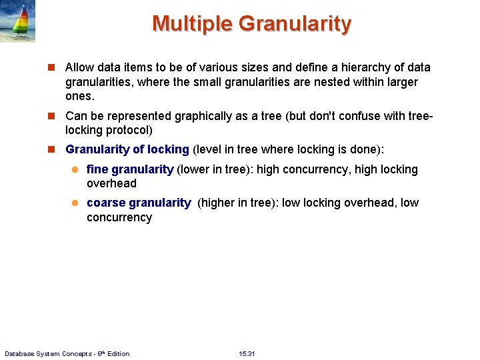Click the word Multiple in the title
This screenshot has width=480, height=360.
[x=192, y=24]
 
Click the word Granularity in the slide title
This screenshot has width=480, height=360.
[x=294, y=24]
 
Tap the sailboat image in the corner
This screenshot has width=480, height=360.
[x=17, y=21]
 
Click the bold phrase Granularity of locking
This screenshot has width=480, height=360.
[x=127, y=149]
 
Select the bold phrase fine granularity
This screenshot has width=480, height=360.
[x=130, y=169]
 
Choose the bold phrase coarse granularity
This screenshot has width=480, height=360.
[x=139, y=203]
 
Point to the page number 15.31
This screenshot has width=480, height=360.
[x=247, y=353]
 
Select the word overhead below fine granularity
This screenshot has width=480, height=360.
[x=111, y=183]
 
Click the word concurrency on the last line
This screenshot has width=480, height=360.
[x=119, y=217]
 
